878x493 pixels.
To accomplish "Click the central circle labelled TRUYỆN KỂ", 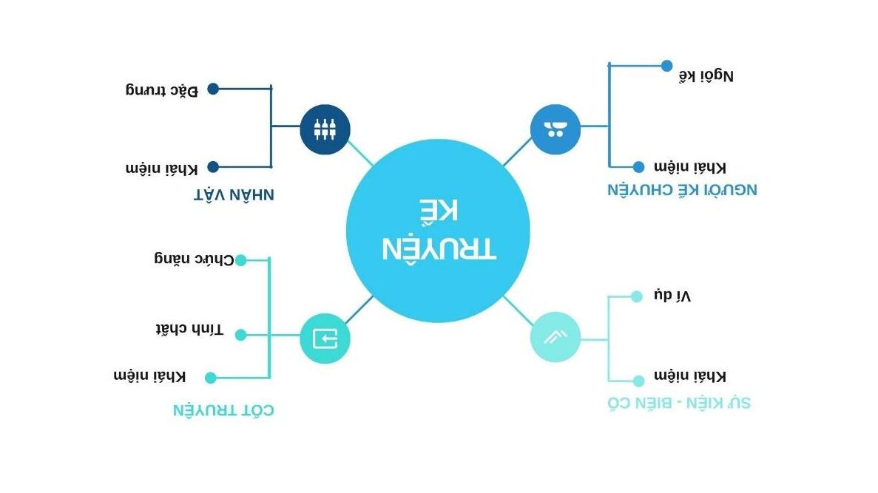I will (438, 231).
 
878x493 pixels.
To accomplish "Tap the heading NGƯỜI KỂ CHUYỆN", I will (682, 189).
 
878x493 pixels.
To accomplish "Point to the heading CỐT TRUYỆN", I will (223, 409).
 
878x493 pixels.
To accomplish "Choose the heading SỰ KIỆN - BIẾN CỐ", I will (679, 403).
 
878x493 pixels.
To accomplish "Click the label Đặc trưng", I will (162, 90).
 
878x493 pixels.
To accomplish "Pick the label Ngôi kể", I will (706, 75).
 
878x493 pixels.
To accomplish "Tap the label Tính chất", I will (189, 329).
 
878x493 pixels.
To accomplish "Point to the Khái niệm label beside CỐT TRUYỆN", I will (150, 375).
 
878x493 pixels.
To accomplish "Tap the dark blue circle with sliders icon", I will (325, 129).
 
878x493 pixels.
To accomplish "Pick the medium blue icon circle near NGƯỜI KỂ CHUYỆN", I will (555, 129).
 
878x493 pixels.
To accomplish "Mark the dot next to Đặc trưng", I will (213, 89).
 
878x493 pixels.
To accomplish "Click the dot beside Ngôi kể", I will (666, 66).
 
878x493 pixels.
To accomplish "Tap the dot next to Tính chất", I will (240, 335).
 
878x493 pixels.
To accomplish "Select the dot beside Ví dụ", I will (636, 297).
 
